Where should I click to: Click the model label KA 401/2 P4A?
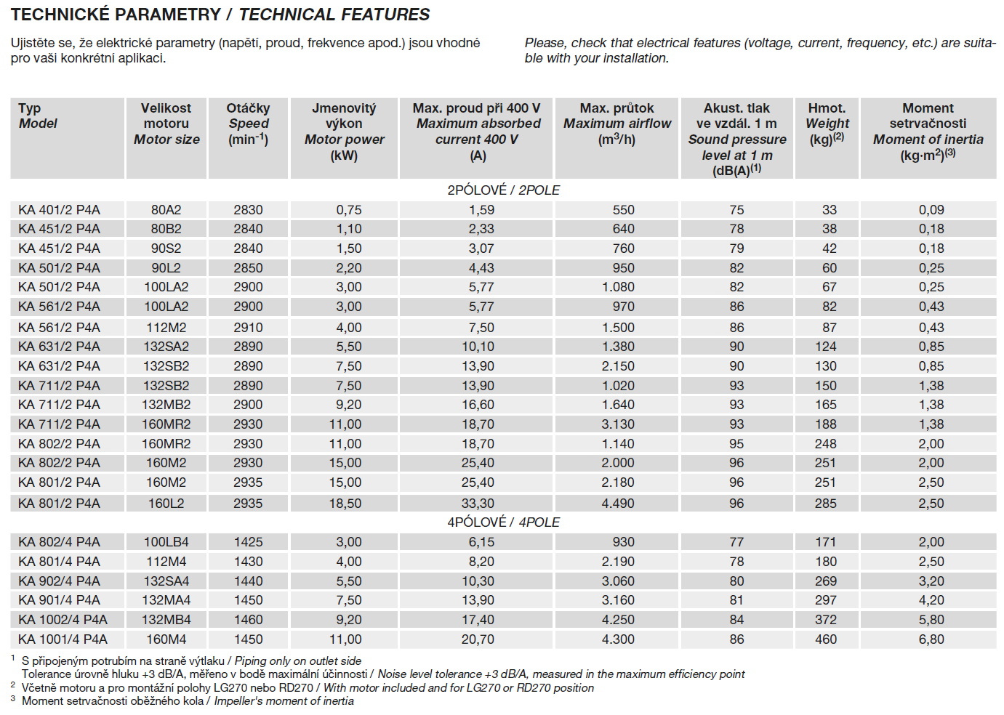tap(60, 210)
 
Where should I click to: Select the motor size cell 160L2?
tap(166, 503)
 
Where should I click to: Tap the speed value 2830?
tap(248, 210)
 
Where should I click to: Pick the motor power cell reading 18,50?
tap(345, 503)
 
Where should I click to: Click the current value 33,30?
tap(478, 503)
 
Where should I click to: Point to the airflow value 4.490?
tap(618, 503)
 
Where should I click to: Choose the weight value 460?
tap(829, 639)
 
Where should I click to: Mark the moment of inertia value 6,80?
tap(931, 639)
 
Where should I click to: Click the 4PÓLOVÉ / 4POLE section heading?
tap(504, 522)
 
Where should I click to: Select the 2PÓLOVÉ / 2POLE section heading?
tap(504, 190)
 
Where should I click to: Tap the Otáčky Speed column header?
tap(248, 124)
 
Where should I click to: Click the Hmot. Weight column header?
tap(827, 124)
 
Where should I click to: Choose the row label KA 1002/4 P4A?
tap(63, 620)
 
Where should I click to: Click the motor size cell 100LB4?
tap(166, 542)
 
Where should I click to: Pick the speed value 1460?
tap(248, 620)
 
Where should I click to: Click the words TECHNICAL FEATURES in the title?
tap(334, 15)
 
